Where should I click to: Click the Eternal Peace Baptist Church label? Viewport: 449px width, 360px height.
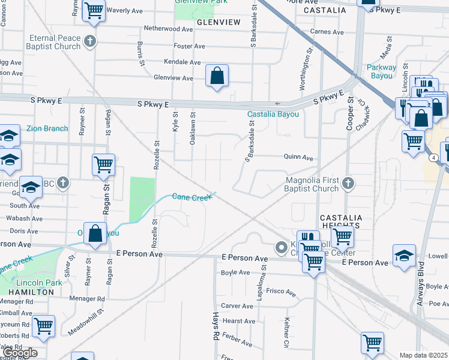[55, 42]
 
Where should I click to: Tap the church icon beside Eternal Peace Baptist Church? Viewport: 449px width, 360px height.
[90, 41]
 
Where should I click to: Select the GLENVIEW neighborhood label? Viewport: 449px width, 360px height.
[218, 22]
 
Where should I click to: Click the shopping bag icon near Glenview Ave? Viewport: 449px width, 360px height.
[217, 76]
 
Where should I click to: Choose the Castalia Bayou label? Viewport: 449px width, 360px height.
[273, 114]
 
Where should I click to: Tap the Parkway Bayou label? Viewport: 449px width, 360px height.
[380, 71]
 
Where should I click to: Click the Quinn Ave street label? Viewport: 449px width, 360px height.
[299, 158]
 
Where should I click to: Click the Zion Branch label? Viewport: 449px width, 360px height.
[47, 128]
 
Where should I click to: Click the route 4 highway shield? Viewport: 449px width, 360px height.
[433, 157]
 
